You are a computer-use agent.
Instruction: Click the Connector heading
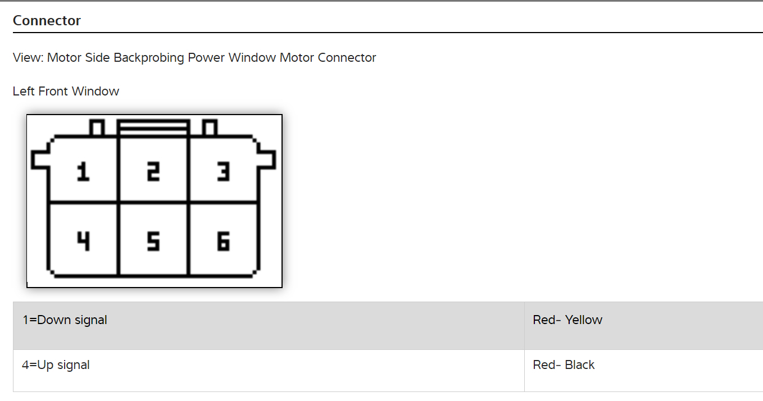pyautogui.click(x=47, y=21)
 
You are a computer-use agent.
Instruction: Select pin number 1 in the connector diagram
pyautogui.click(x=83, y=171)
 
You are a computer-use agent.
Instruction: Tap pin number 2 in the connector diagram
pyautogui.click(x=153, y=171)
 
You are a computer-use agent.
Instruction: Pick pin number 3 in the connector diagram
pyautogui.click(x=223, y=171)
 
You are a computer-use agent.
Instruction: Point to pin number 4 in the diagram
pyautogui.click(x=83, y=241)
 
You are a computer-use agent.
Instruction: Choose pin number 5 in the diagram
pyautogui.click(x=153, y=241)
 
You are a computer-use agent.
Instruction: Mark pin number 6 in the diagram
pyautogui.click(x=223, y=241)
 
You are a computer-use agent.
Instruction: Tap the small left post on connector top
pyautogui.click(x=97, y=128)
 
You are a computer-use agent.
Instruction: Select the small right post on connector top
pyautogui.click(x=210, y=128)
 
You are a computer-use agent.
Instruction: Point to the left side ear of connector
pyautogui.click(x=40, y=159)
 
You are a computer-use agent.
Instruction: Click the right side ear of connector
pyautogui.click(x=267, y=159)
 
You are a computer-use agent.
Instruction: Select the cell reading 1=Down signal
pyautogui.click(x=65, y=320)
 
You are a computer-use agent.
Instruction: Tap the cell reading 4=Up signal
pyautogui.click(x=56, y=365)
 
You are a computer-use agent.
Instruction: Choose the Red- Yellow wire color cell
pyautogui.click(x=567, y=320)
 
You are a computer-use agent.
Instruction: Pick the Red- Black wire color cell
pyautogui.click(x=564, y=365)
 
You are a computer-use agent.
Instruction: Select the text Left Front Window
pyautogui.click(x=66, y=92)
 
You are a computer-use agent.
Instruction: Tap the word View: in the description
pyautogui.click(x=28, y=58)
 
